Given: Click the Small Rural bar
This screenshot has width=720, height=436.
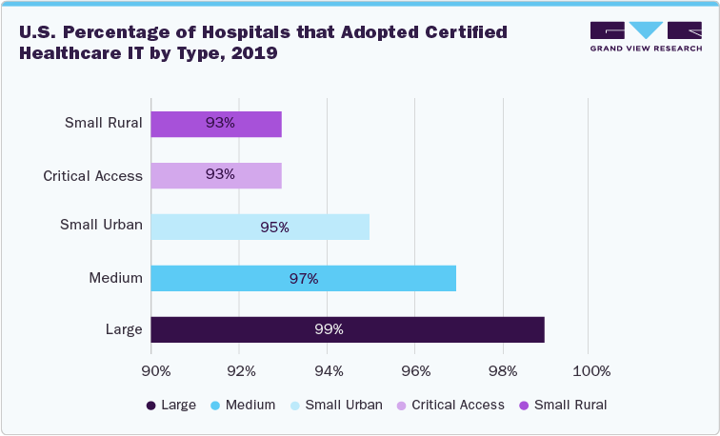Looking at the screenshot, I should pos(216,124).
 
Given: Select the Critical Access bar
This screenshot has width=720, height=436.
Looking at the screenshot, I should pos(216,175).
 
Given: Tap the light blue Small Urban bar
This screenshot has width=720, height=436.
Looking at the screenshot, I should pos(260,227).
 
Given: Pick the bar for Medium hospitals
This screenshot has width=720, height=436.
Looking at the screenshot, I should pos(303,278).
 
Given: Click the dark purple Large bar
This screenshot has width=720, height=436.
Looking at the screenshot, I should pos(347,329).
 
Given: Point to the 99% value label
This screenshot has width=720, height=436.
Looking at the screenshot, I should pos(329,329).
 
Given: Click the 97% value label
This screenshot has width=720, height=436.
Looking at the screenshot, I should pos(304,278).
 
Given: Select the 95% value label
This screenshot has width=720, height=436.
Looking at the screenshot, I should pos(274,227).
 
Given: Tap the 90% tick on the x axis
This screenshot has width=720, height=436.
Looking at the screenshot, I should pos(155,370).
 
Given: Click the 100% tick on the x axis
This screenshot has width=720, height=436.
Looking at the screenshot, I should pos(590,370).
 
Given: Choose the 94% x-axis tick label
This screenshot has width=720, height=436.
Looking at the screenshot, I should pos(329,370).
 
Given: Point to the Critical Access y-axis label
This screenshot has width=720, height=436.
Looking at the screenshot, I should pos(92,175).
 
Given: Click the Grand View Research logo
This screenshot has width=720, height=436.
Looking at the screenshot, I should pos(646,36).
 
